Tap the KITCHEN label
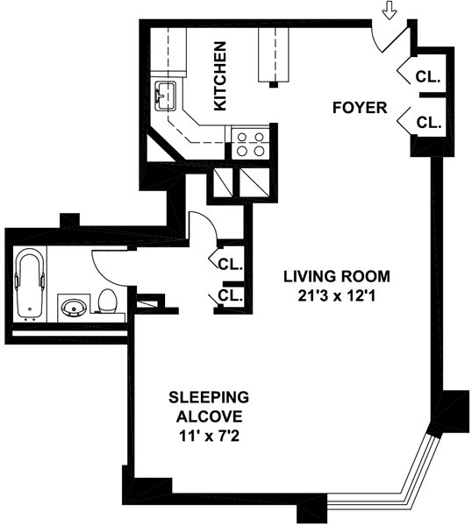220,75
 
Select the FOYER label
360,108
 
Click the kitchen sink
166,96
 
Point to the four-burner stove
250,145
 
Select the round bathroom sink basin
74,308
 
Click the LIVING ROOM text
337,277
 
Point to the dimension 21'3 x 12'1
337,296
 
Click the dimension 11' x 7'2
210,437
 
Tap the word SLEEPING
209,397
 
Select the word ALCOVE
210,417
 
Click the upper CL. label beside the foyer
428,77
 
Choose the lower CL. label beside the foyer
429,123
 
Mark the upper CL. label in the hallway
230,265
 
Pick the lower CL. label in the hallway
230,295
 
